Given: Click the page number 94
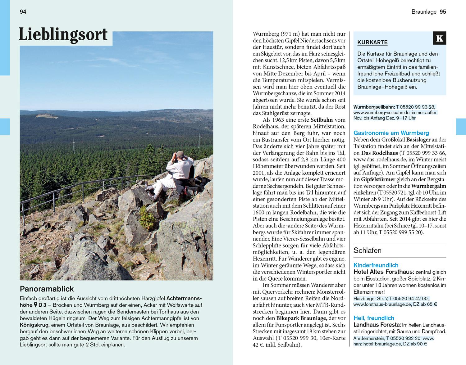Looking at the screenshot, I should pos(23,12).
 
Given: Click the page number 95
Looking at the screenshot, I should pos(443,12).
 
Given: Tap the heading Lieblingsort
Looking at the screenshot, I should pos(63,34).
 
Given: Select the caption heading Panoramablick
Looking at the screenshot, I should pos(47,289).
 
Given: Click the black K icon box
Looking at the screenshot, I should pos(439,38).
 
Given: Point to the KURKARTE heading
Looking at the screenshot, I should pos(372,43).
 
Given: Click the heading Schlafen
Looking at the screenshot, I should pos(368,250).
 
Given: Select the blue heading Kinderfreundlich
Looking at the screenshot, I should pos(376,265).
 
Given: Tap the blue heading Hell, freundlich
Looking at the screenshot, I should pos(374,318).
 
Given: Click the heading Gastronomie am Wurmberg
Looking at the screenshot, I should pos(391,133).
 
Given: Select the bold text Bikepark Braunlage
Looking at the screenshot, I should pos(301,318).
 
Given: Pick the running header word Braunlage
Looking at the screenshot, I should pos(424,12).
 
